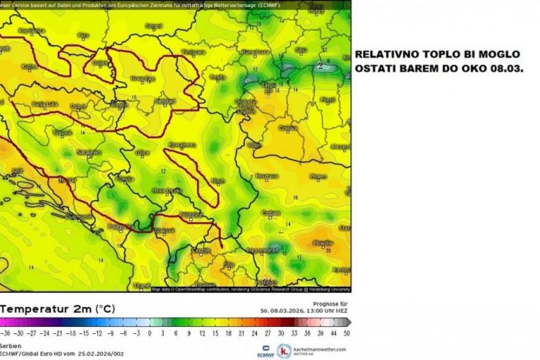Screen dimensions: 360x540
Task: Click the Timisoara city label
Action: click(x=193, y=52)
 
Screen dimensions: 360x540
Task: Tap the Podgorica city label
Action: click(x=117, y=227)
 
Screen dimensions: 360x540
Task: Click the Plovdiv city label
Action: click(x=322, y=242)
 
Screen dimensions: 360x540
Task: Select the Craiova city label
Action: click(x=287, y=128)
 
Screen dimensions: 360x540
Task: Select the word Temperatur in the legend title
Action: click(x=31, y=309)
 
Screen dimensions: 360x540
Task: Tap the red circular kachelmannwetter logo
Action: click(x=283, y=350)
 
